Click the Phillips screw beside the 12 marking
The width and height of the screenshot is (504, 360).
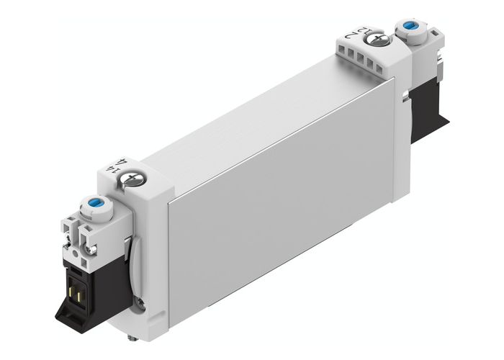click(382, 35)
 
